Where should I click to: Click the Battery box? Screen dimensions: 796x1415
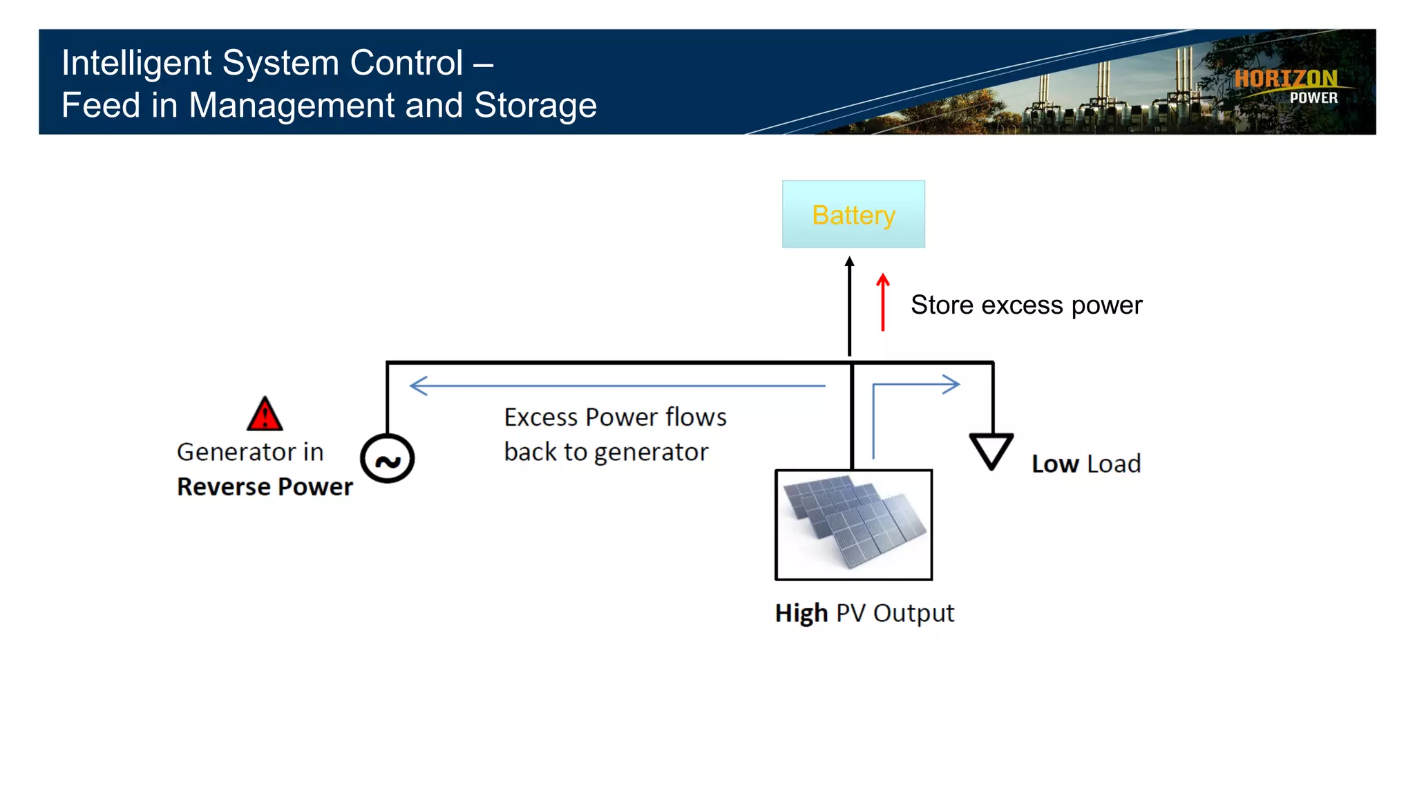pyautogui.click(x=853, y=214)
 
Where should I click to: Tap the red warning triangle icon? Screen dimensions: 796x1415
pyautogui.click(x=265, y=415)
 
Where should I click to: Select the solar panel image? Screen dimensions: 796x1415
pyautogui.click(x=854, y=524)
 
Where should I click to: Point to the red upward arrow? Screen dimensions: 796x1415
pyautogui.click(x=883, y=302)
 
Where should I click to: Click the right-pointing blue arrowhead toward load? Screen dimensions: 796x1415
pyautogui.click(x=951, y=384)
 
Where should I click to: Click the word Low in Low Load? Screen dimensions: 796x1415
pyautogui.click(x=1055, y=464)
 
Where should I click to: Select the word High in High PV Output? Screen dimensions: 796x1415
pyautogui.click(x=801, y=613)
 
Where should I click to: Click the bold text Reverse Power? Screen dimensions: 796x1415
pyautogui.click(x=265, y=486)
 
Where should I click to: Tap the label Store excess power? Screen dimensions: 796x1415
pyautogui.click(x=1026, y=305)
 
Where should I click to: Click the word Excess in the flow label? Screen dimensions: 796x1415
pyautogui.click(x=540, y=417)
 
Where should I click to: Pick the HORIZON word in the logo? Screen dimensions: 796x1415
pyautogui.click(x=1286, y=79)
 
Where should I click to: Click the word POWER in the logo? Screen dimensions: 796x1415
pyautogui.click(x=1313, y=98)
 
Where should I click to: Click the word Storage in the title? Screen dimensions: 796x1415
pyautogui.click(x=535, y=106)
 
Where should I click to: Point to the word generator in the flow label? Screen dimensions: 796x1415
pyautogui.click(x=651, y=453)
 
